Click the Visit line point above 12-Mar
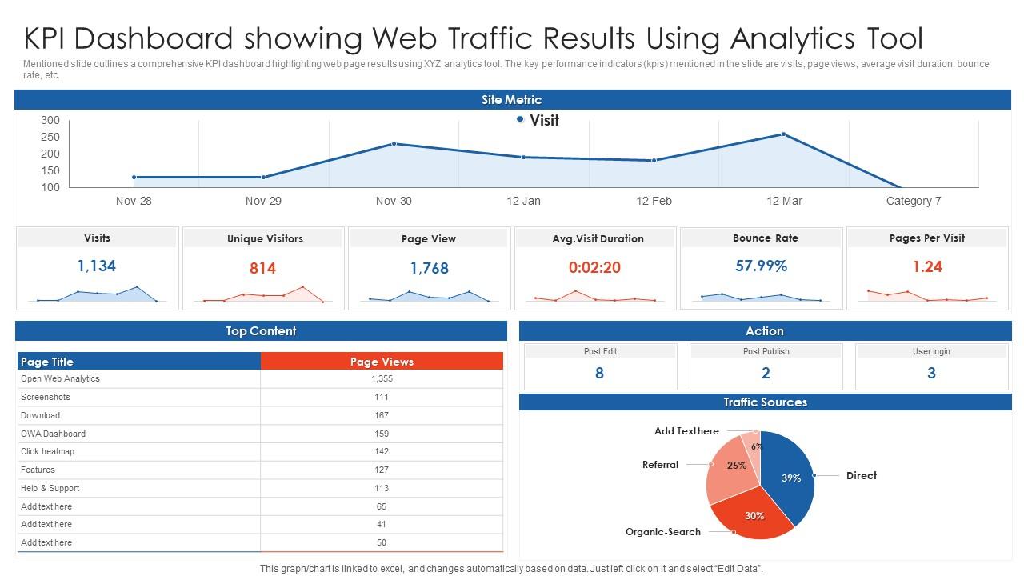tap(784, 134)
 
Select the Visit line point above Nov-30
tap(394, 144)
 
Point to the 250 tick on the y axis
tap(50, 137)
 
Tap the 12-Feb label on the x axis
tap(654, 201)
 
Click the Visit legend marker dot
tap(520, 119)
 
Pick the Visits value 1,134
tap(97, 266)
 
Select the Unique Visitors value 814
tap(262, 268)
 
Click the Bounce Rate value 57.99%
tap(761, 266)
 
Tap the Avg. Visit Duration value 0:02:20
tap(594, 267)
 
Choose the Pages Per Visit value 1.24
tap(927, 266)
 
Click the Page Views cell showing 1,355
tap(382, 378)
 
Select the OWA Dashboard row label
tap(53, 434)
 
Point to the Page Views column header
tap(382, 362)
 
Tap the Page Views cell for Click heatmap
tap(382, 451)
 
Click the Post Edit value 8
tap(599, 373)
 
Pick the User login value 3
tap(931, 373)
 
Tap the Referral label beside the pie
tap(660, 465)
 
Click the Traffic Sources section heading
tap(765, 402)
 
